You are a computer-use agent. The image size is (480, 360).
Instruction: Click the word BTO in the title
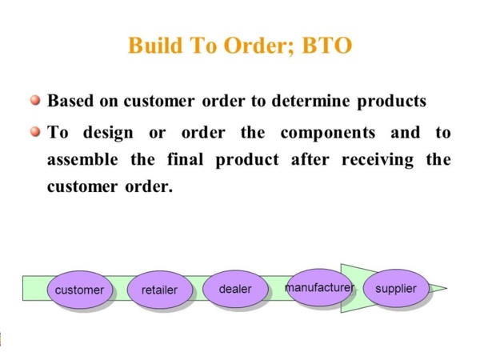[x=326, y=46]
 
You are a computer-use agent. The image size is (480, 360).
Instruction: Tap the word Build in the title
[x=155, y=46]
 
